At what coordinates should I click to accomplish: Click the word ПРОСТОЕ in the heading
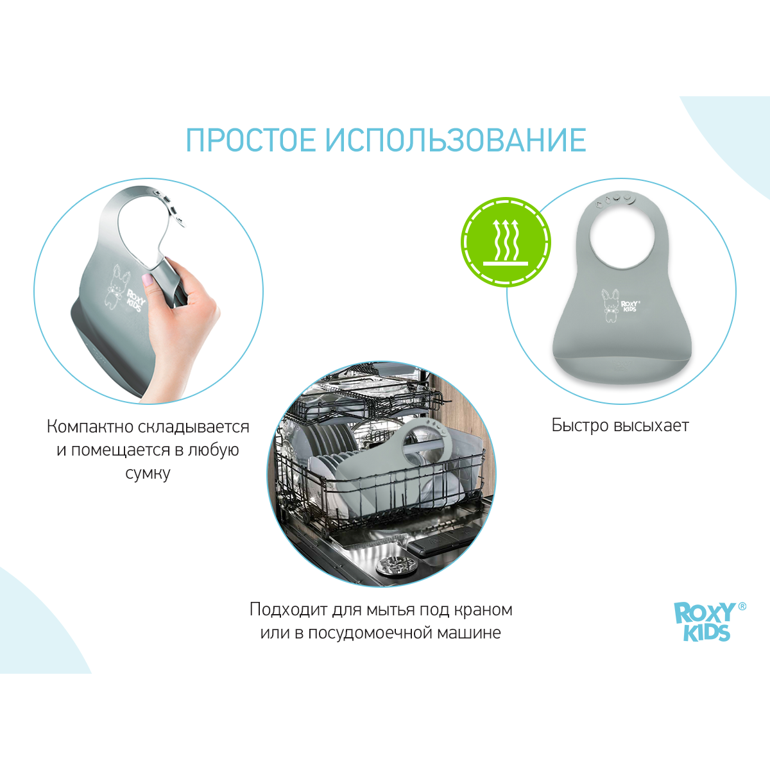point(251,140)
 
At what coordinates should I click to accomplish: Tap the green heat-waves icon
point(506,242)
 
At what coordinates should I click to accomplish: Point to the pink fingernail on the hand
point(148,279)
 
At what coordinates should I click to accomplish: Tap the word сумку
point(148,474)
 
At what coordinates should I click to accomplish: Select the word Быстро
point(580,425)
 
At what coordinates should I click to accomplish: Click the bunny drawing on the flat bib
point(610,305)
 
